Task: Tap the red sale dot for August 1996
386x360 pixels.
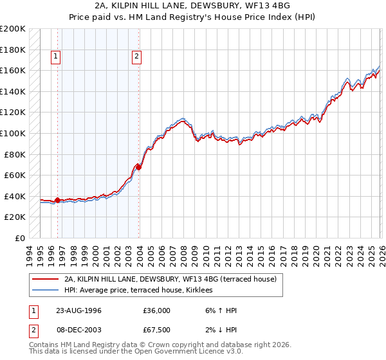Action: (x=58, y=201)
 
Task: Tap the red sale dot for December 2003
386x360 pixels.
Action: (x=139, y=167)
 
